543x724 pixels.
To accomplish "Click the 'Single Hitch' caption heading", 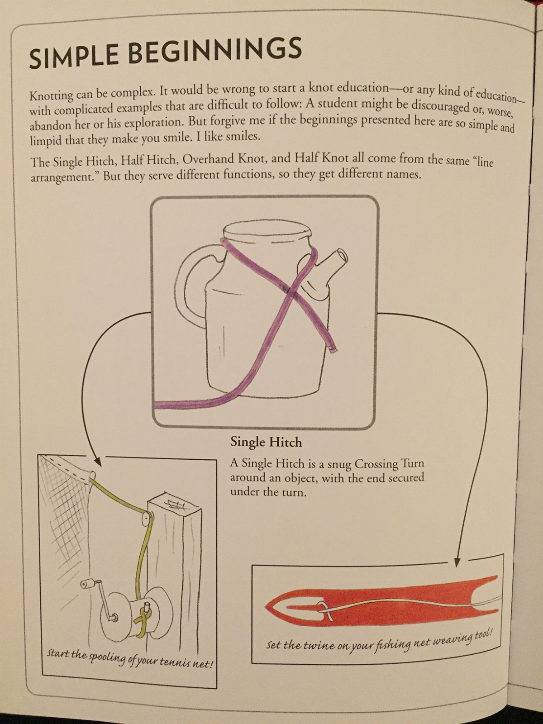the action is pyautogui.click(x=266, y=442).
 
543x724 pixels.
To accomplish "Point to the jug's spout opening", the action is pyautogui.click(x=342, y=255).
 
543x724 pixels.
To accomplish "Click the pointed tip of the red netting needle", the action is pyautogui.click(x=266, y=607).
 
